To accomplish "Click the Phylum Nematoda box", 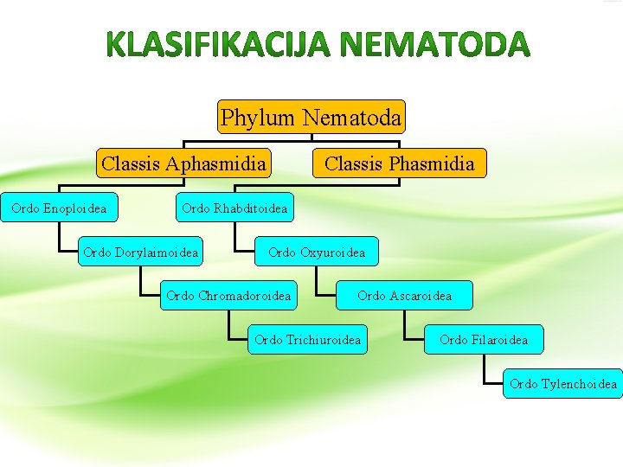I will click(311, 117).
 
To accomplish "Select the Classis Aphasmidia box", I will click(183, 163).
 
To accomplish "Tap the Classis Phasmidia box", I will click(399, 163).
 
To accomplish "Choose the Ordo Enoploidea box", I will click(59, 208).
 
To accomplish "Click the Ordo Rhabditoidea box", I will click(234, 208).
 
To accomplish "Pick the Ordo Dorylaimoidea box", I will click(140, 253).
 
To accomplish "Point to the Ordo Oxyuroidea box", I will click(317, 253).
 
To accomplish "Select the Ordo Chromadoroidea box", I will click(228, 296).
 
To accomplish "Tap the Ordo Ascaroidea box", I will click(404, 296).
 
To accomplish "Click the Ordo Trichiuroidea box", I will click(307, 340).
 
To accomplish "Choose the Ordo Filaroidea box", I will click(483, 340).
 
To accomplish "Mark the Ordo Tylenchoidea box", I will click(562, 384).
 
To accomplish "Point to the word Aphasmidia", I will click(215, 163).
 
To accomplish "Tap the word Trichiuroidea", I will click(324, 340).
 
